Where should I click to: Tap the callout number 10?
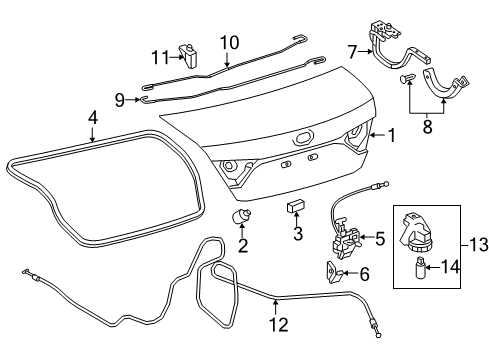(229, 42)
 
